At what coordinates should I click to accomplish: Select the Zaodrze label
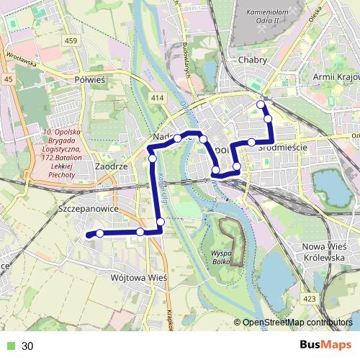tap(111, 166)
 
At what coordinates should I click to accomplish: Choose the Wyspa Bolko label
tap(221, 258)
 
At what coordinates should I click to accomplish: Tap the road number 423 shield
tap(309, 297)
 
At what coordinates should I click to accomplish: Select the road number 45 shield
tap(8, 79)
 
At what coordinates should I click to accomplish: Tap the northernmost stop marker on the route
tap(261, 105)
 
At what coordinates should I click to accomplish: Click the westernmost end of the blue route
tap(87, 235)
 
